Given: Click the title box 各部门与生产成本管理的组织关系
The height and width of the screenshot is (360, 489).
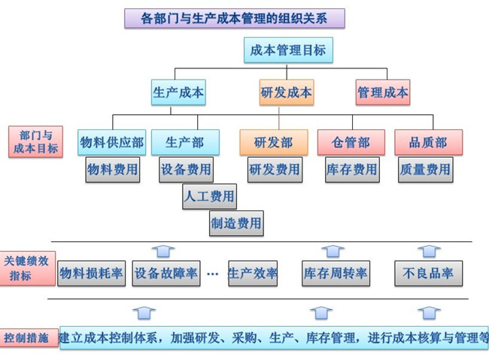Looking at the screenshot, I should coord(234,18).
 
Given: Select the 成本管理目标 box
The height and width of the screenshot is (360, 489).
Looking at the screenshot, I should coord(288,51).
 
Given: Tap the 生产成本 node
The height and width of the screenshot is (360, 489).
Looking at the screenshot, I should coord(178,92).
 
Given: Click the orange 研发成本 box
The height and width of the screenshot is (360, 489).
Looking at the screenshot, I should coord(287,92).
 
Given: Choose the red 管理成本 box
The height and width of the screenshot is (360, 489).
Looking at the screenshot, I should coord(383,92).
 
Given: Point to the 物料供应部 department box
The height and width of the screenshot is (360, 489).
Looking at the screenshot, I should coord(112,142).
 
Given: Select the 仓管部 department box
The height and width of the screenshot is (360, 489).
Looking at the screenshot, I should coord(351,142).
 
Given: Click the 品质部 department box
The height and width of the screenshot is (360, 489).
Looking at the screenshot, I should coord(428,142).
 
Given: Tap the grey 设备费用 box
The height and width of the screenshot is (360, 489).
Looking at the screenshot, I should coord(186,170).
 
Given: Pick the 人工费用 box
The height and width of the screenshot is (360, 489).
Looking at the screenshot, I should coord(209,197).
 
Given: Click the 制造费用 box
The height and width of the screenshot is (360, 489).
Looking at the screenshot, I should coord(236,222).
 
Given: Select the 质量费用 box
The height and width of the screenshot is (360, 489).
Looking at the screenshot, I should coord(426,170).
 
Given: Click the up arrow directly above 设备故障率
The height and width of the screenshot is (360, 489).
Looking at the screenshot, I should coord(163,250).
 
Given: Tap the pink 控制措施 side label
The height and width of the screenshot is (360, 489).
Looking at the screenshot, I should coord(27,337).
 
